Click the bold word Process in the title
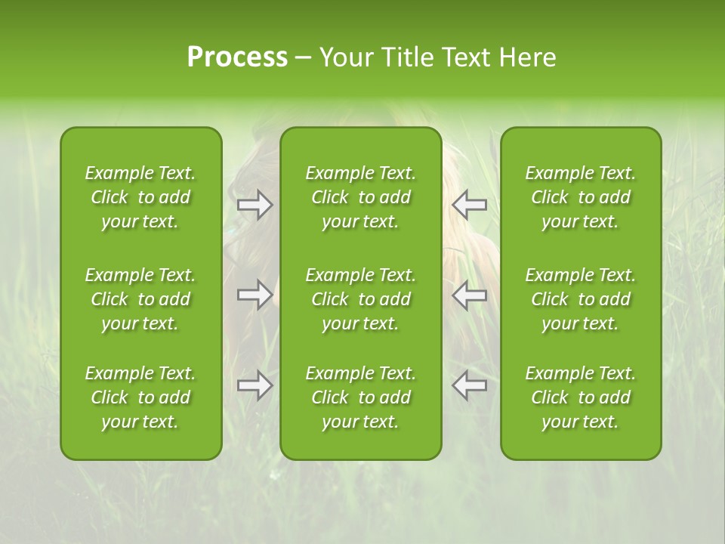[x=237, y=57]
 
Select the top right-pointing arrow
[x=255, y=205]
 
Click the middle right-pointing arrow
[x=255, y=295]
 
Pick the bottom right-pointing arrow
[x=255, y=386]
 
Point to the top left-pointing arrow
[x=469, y=205]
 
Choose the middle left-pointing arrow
[x=469, y=295]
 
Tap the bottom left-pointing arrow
[x=469, y=386]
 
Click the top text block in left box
[x=140, y=197]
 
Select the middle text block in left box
[x=140, y=299]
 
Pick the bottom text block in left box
[x=140, y=397]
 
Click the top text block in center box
[x=360, y=197]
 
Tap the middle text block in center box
[x=360, y=299]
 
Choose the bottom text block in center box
[x=360, y=397]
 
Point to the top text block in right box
[x=580, y=197]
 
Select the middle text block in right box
[x=580, y=299]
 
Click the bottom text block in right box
[x=580, y=397]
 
